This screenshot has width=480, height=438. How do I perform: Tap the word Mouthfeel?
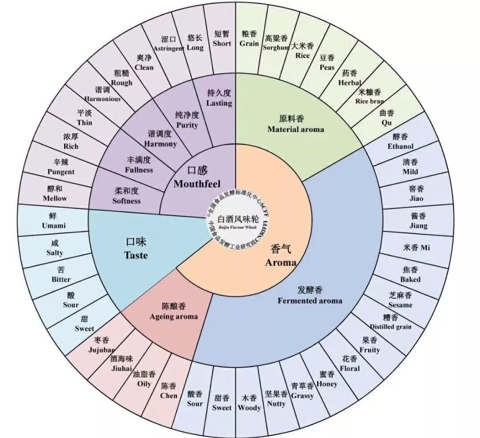[x=197, y=184]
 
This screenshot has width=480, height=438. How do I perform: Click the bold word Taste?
[x=136, y=255]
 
